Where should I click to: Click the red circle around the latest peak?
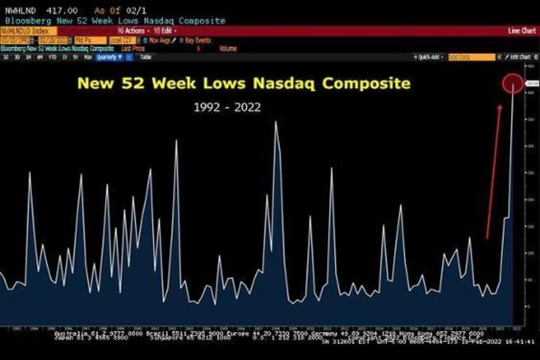(513, 84)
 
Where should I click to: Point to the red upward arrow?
(494, 171)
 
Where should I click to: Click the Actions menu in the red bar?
(133, 31)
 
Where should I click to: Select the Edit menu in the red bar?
(165, 31)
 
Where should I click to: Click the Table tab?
(145, 57)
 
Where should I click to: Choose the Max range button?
(88, 57)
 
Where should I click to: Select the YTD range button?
(53, 57)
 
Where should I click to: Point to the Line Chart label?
(522, 31)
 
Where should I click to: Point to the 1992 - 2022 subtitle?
(227, 107)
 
